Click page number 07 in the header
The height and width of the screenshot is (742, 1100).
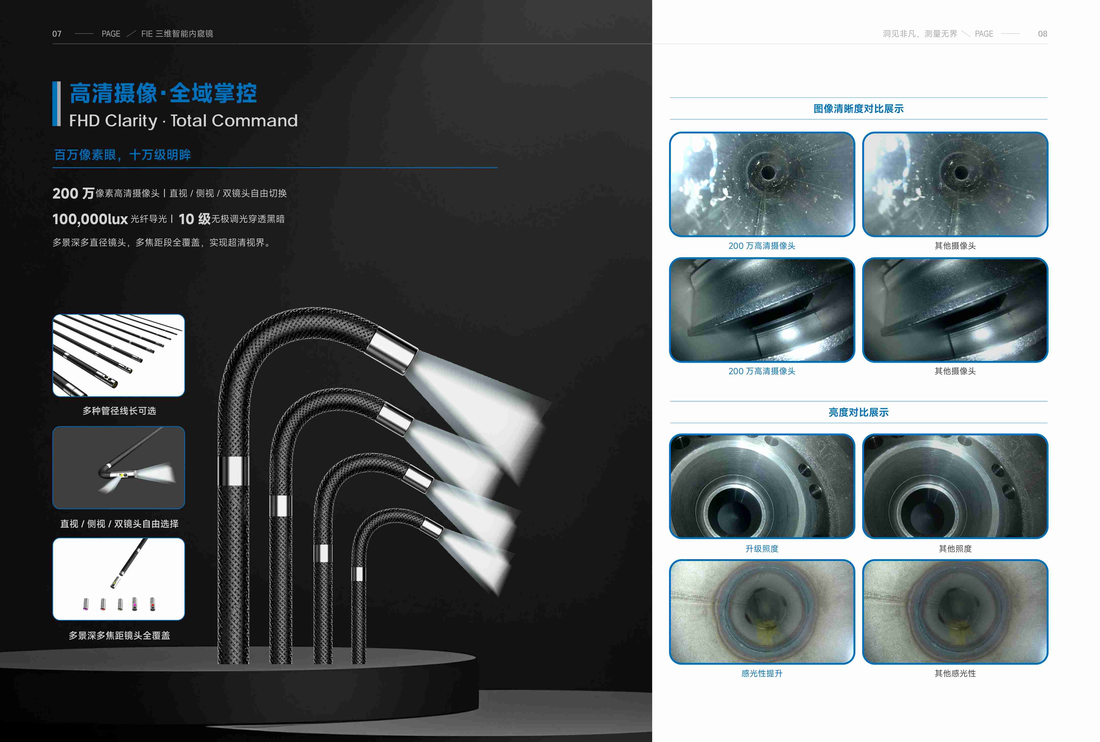[57, 34]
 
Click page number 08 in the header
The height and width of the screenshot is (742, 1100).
[1042, 34]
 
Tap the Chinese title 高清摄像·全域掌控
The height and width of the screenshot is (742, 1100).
[163, 93]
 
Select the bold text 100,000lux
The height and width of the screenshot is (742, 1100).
[90, 219]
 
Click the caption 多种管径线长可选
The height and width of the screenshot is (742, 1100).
[119, 411]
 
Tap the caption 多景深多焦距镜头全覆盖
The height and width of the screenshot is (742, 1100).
[119, 636]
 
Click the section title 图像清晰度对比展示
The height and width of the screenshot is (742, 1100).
[858, 109]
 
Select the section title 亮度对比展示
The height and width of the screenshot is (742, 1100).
[858, 412]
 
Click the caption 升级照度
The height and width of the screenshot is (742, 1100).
[762, 548]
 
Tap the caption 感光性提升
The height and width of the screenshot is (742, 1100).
[762, 673]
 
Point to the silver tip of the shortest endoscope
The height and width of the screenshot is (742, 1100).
[432, 529]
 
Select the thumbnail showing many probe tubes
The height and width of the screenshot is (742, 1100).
[118, 355]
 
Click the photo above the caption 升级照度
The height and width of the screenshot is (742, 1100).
[762, 486]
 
